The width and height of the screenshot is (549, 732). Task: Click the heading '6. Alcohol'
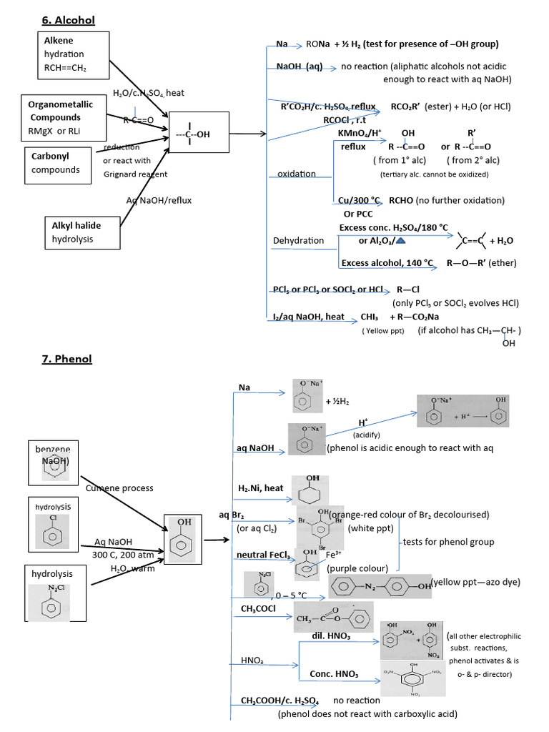pos(68,20)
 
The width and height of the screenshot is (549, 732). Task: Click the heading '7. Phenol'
pos(66,358)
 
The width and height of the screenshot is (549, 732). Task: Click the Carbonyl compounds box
pos(61,164)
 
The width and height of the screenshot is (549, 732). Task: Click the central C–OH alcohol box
pos(191,134)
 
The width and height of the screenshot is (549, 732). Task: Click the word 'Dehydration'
pos(298,241)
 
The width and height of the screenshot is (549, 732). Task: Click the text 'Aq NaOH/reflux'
pos(159,201)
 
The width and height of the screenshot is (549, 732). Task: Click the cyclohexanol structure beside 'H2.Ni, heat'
pos(310,490)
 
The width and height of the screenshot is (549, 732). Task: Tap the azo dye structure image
pos(380,585)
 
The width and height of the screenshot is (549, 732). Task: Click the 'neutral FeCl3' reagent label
pos(264,555)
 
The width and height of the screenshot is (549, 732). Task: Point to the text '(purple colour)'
pos(357,569)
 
